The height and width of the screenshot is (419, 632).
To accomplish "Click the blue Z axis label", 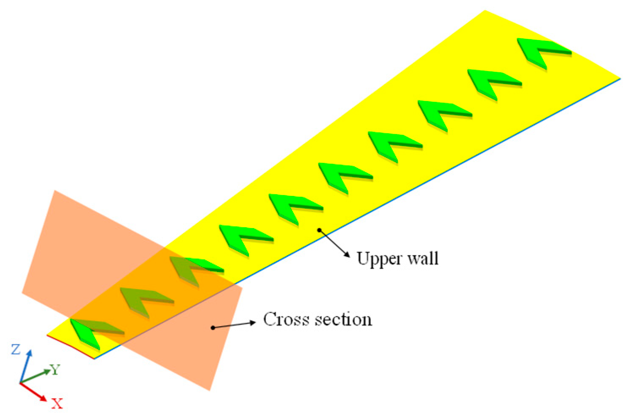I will coord(16,350).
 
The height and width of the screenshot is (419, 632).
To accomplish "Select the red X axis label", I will coord(57,403).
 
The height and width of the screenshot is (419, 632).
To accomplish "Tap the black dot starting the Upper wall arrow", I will coord(320,230).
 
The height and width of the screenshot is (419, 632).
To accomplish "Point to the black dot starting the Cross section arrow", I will coord(213,328).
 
